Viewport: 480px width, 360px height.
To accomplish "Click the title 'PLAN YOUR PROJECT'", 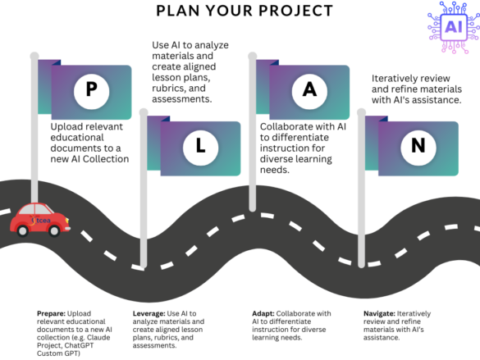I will [x=240, y=11].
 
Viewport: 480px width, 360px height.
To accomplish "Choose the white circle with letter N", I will [x=417, y=147].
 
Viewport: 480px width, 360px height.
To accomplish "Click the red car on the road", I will [x=39, y=220].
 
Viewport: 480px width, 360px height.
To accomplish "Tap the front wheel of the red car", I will [x=55, y=231].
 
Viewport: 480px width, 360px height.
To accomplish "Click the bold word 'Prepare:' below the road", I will [x=51, y=313].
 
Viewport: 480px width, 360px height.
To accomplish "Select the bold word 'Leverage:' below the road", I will [x=150, y=313].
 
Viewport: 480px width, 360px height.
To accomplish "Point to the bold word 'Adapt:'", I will [x=264, y=313].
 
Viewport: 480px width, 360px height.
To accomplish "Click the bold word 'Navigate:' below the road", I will [x=380, y=313].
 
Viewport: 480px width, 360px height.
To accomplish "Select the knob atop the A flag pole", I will [x=253, y=56].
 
